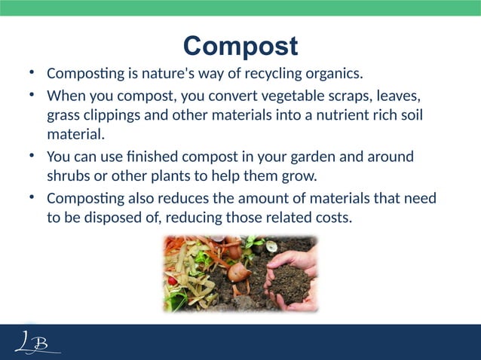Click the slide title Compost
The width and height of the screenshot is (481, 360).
(240, 46)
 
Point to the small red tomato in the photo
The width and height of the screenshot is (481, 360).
(173, 280)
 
